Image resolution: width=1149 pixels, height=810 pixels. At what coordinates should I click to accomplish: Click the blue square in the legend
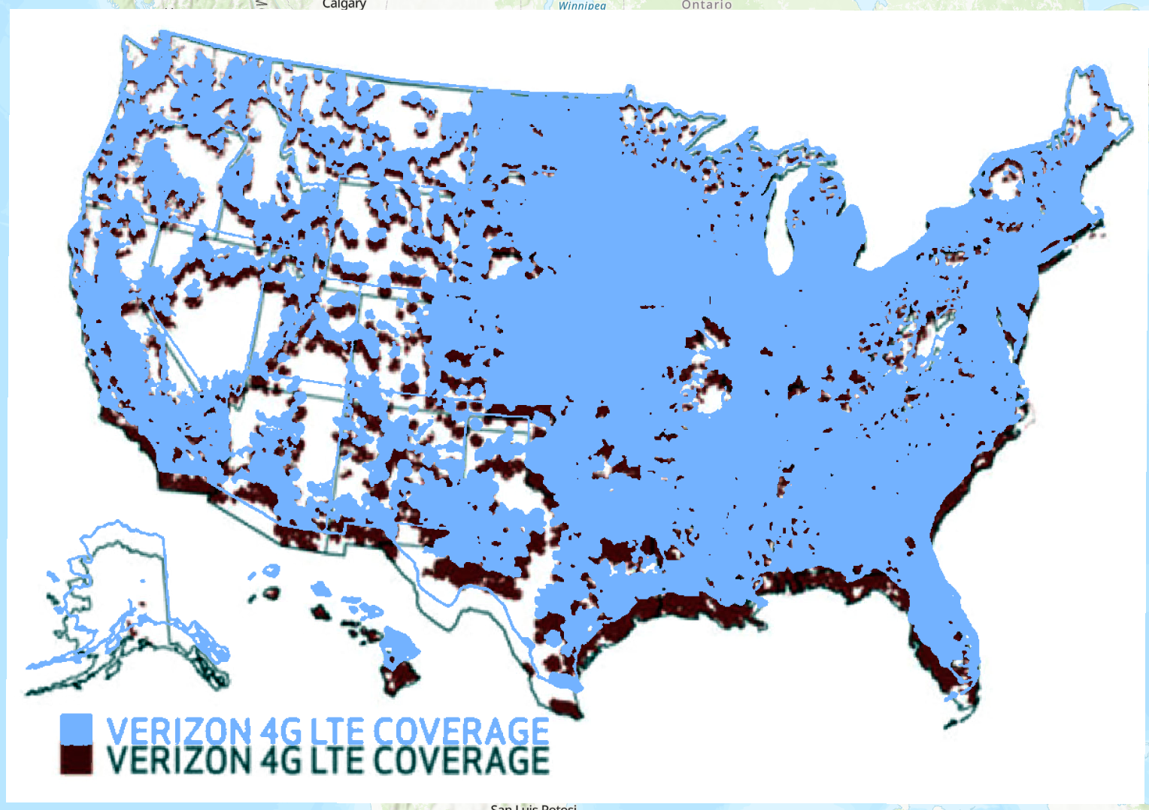coord(76,729)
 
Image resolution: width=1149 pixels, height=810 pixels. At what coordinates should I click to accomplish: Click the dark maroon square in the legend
coord(76,760)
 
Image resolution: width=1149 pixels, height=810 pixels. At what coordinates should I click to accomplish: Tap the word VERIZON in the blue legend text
coord(178,731)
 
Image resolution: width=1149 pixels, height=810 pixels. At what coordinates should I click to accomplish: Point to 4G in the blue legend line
coord(281,731)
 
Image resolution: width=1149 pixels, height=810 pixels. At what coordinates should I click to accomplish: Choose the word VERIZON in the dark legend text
coord(178,760)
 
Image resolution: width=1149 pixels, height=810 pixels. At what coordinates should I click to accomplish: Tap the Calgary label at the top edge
coord(344,5)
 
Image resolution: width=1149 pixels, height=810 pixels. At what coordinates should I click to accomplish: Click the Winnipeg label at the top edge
coord(581,5)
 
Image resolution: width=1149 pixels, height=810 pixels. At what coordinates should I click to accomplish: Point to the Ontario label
coord(706,5)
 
